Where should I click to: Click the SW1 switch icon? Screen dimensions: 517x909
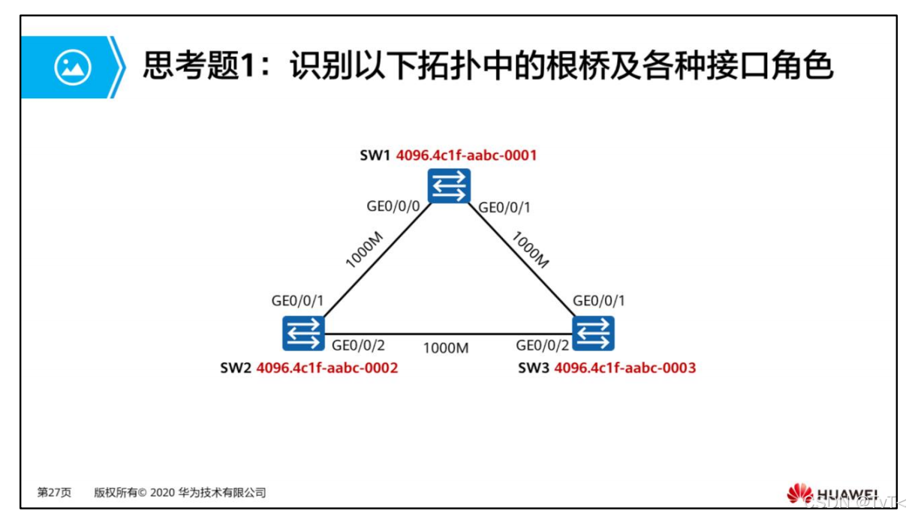[x=450, y=185]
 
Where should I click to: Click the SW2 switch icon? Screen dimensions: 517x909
[x=303, y=333]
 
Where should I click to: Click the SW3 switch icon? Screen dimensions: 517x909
[x=594, y=333]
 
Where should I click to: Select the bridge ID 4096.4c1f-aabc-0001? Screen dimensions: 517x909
[x=466, y=156]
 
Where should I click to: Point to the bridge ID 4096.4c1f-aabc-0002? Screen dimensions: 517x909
[x=327, y=368]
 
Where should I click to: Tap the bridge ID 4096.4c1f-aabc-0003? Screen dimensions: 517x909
[x=625, y=368]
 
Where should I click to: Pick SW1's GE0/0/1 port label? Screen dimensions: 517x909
[x=504, y=208]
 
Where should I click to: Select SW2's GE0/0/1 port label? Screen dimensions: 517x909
[x=297, y=301]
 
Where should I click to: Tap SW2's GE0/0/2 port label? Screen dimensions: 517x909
[x=358, y=346]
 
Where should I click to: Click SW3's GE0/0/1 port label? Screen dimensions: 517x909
[x=599, y=301]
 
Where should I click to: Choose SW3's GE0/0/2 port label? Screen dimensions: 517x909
[x=543, y=346]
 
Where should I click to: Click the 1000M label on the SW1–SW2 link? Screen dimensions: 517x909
[x=364, y=250]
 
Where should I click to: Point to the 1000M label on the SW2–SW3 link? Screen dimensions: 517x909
[x=446, y=347]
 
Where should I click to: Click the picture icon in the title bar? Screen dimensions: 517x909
[x=73, y=68]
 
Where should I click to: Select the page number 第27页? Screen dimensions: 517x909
[x=54, y=493]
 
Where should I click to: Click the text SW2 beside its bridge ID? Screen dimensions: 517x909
[x=235, y=368]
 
